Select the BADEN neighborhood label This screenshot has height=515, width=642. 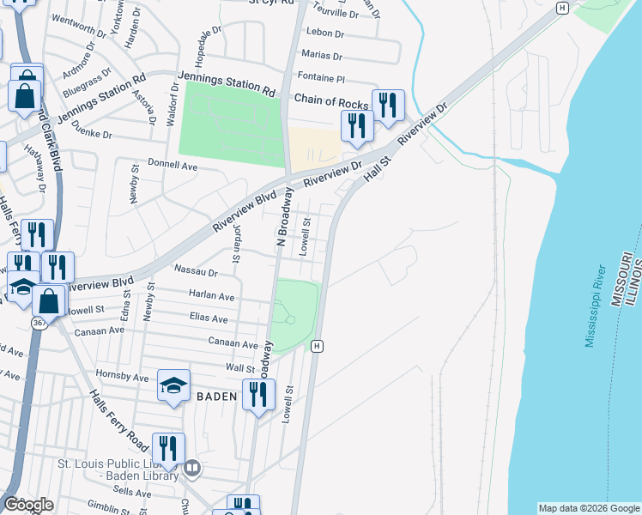point(216,397)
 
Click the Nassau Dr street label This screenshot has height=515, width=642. point(196,270)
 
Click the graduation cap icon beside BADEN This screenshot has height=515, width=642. point(173,385)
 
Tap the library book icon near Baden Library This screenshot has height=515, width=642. point(192,468)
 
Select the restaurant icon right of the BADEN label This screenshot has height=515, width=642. point(258,395)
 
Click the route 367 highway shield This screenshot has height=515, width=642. point(39,322)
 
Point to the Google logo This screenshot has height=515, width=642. point(29,505)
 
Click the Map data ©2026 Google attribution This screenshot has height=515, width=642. point(589,508)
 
